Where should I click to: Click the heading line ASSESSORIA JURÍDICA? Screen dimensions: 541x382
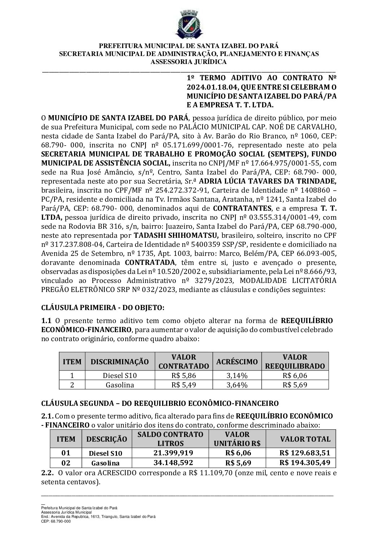click(188, 62)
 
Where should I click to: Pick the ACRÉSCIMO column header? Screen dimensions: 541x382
click(237, 361)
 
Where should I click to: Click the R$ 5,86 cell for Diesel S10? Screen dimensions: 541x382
click(184, 375)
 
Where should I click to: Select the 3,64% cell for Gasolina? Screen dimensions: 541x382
click(237, 385)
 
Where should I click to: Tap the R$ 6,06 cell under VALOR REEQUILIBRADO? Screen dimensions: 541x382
click(295, 375)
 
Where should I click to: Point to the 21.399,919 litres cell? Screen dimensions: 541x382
click(171, 453)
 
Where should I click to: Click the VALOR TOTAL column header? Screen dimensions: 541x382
click(305, 439)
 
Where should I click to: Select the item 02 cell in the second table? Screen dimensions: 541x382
click(66, 463)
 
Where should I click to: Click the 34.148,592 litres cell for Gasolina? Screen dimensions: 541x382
click(171, 463)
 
